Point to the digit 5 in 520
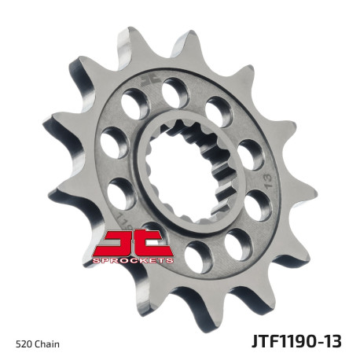(19, 343)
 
